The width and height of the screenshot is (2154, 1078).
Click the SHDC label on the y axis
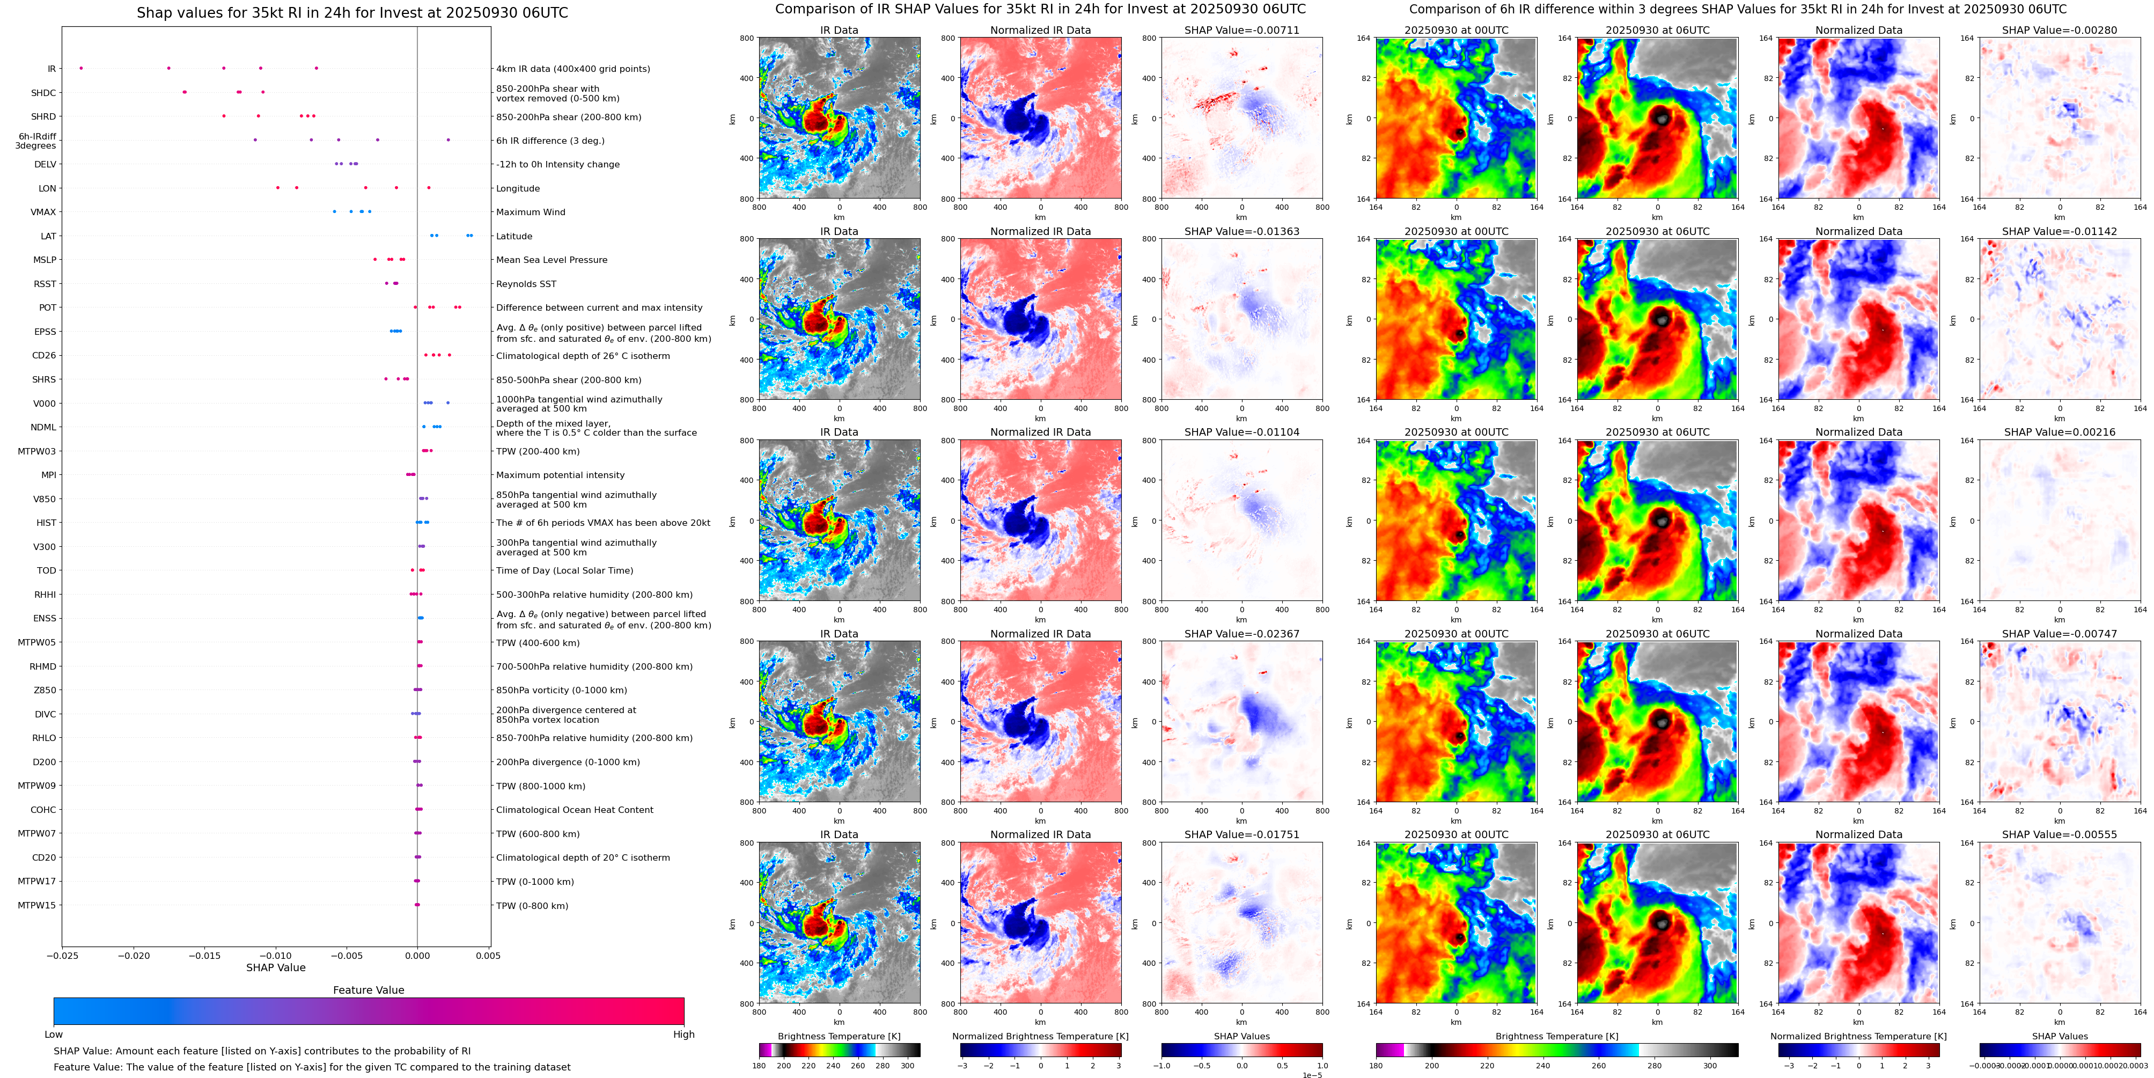coord(43,93)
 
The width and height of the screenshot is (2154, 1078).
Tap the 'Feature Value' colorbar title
coord(368,990)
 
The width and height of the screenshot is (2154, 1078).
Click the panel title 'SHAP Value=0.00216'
coord(2060,432)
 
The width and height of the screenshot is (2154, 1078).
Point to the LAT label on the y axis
coord(48,237)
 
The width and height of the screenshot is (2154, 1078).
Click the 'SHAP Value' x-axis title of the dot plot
coord(275,967)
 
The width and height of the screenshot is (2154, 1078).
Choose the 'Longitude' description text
coord(518,189)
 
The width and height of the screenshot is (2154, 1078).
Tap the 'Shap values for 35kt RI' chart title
coord(352,12)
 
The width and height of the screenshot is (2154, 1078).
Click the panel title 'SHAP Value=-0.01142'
coord(2060,232)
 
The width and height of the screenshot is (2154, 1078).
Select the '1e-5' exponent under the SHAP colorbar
coord(1312,1075)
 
